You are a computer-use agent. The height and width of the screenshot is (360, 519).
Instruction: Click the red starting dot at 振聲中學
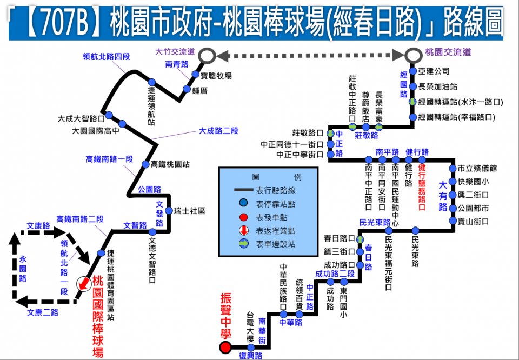pos(225,347)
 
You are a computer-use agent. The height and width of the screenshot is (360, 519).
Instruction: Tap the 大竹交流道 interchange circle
pos(208,56)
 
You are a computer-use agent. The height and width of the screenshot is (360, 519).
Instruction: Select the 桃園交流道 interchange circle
pos(412,55)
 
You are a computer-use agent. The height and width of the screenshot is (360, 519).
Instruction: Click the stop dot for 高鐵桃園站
pos(145,164)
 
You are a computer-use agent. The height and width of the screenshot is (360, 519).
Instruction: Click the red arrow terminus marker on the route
pos(84,284)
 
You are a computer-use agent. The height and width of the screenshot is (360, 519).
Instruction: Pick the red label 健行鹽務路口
pos(422,187)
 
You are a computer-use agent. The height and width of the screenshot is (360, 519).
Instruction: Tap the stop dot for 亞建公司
pos(412,71)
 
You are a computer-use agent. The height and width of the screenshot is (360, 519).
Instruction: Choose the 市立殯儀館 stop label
pos(477,169)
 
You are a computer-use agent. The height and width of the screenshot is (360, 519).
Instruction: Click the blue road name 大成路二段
pos(218,131)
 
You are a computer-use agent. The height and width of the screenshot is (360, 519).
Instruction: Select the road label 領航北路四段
pos(107,57)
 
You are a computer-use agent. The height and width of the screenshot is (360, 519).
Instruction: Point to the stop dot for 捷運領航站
pos(151,82)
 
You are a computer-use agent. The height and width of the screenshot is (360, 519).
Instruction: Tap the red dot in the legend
pos(244,217)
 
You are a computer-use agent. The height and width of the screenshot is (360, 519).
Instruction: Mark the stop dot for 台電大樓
pos(251,348)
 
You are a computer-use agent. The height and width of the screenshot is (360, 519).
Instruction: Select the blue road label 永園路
pos(23,269)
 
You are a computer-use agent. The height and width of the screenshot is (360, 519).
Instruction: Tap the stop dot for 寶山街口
pos(453,221)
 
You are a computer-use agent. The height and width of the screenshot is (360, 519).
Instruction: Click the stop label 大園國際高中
pos(96,131)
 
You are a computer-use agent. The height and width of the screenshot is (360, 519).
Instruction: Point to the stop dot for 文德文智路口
pos(152,232)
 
